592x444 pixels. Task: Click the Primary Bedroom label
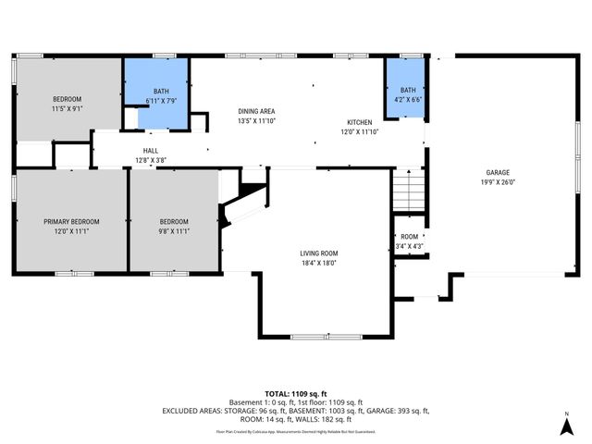coord(71,221)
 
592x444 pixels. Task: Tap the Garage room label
coord(498,172)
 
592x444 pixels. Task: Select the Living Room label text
coord(318,253)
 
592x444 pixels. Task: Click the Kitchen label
coord(360,122)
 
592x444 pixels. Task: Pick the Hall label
coord(150,151)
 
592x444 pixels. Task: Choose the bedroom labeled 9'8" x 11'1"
coord(174,227)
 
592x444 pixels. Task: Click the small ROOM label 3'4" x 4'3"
coord(409,237)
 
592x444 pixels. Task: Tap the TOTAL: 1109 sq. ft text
coord(295,393)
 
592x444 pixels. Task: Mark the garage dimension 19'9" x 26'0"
coord(498,182)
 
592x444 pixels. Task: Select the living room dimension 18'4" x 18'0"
coord(318,264)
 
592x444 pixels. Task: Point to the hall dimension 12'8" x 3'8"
coord(150,160)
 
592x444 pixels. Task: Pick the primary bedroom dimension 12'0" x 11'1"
coord(71,231)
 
